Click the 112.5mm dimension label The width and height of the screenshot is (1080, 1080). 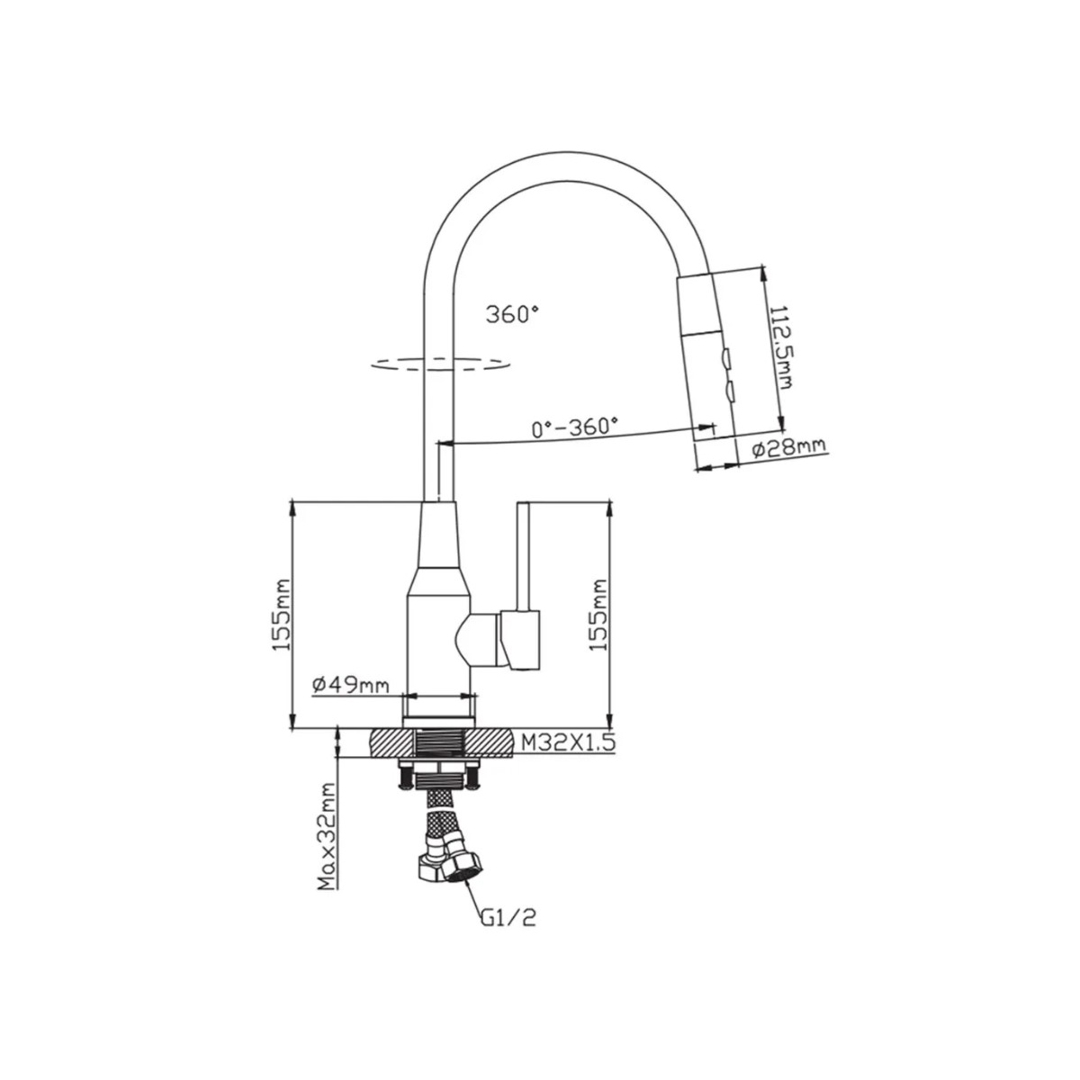coord(781,347)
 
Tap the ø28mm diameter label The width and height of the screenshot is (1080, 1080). coord(788,446)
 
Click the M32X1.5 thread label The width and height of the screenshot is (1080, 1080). coord(569,742)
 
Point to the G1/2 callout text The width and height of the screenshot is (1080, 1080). coord(508,917)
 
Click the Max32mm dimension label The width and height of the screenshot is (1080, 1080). coord(326,844)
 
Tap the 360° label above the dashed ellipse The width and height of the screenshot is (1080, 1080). coord(512,314)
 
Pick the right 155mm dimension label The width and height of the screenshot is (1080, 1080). coord(598,615)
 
